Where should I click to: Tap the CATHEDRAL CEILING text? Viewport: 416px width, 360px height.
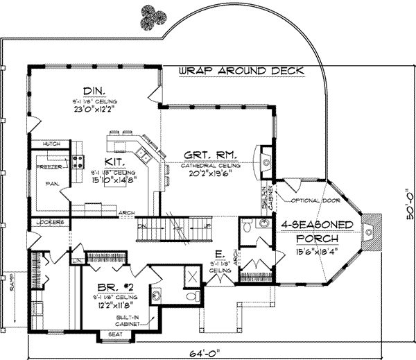coord(211,166)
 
